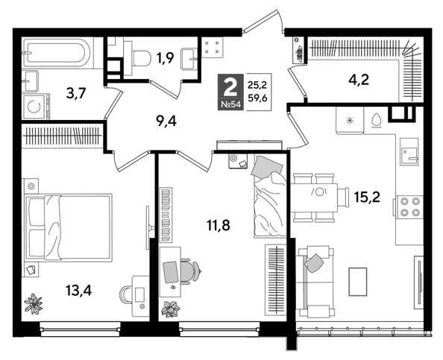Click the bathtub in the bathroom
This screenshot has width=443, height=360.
(x=56, y=54)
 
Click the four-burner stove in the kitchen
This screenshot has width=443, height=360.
(x=409, y=206)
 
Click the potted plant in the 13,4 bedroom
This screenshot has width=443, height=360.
(x=34, y=303)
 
